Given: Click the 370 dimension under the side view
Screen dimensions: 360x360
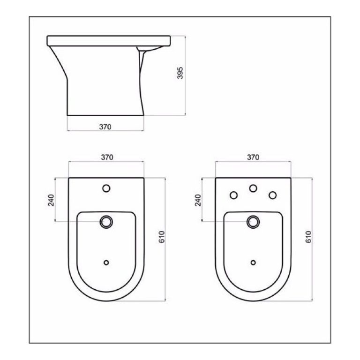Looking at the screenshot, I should pyautogui.click(x=105, y=126).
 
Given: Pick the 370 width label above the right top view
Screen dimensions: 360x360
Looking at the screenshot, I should pyautogui.click(x=253, y=158).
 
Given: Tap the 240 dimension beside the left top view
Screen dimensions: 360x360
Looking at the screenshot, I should pyautogui.click(x=52, y=200).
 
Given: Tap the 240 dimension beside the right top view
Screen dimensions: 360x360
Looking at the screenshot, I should pyautogui.click(x=198, y=200).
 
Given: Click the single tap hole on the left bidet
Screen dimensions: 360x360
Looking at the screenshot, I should pyautogui.click(x=106, y=188).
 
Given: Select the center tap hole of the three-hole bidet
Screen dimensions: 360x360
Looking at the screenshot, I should pyautogui.click(x=253, y=188).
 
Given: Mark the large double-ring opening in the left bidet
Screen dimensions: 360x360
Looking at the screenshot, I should pyautogui.click(x=106, y=222).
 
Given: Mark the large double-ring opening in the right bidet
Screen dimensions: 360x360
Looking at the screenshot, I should pyautogui.click(x=253, y=222).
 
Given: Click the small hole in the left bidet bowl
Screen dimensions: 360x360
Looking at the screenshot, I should pyautogui.click(x=106, y=262).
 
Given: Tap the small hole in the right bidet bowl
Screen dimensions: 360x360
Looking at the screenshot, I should pyautogui.click(x=253, y=262).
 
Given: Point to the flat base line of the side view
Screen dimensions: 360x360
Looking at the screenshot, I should pyautogui.click(x=105, y=115).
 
